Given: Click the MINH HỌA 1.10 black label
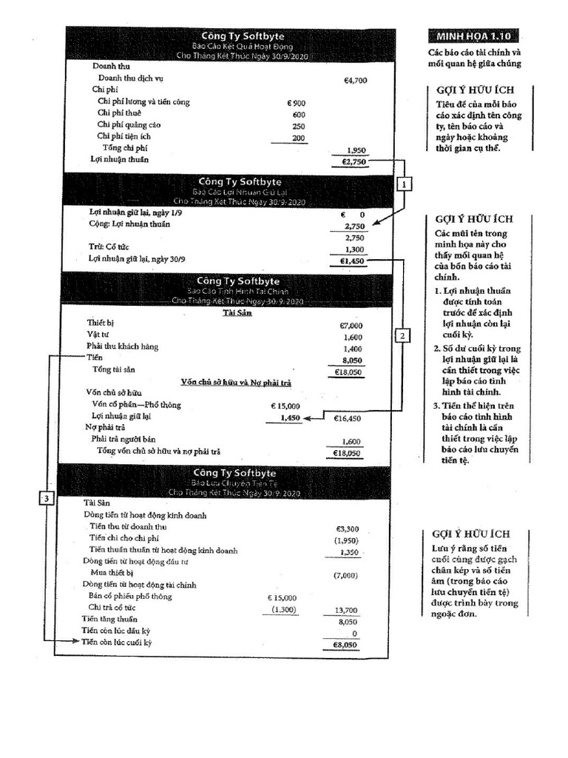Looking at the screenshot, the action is click(473, 36).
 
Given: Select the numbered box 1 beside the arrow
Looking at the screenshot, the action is click(403, 184).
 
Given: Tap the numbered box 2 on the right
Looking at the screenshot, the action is click(402, 335).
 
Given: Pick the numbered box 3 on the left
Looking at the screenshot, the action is click(46, 499).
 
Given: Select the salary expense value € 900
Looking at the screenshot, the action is click(296, 103).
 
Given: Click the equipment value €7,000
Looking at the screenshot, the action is click(351, 325).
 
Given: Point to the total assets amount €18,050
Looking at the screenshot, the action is click(348, 372).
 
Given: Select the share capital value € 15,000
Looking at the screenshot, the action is click(285, 406).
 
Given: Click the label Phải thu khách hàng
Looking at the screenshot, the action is click(122, 346).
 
